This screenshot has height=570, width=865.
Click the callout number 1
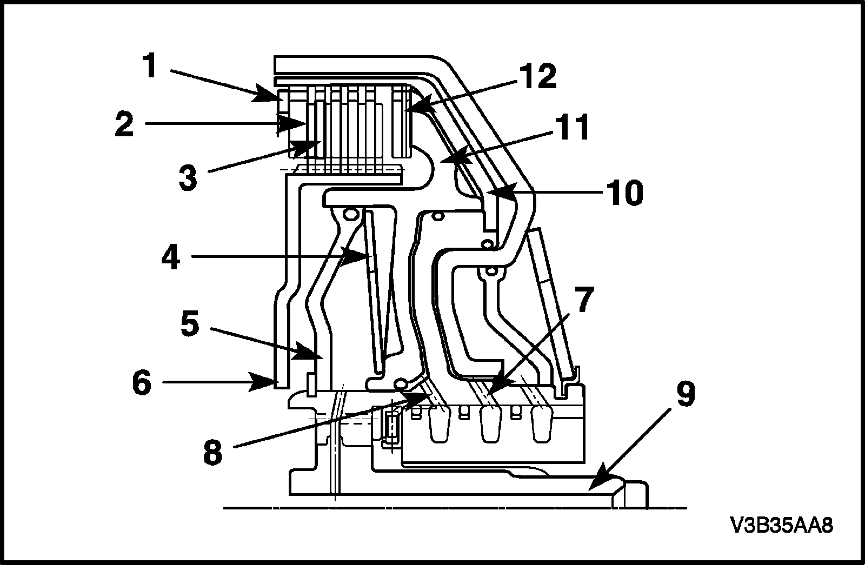[x=150, y=65]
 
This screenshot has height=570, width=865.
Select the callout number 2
[x=124, y=124]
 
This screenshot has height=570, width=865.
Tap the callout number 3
[x=188, y=177]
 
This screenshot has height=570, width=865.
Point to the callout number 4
[x=171, y=257]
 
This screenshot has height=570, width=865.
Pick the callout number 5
[x=190, y=323]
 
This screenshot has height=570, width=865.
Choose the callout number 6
[x=142, y=382]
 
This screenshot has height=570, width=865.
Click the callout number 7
[x=584, y=299]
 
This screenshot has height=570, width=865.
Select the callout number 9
[x=686, y=394]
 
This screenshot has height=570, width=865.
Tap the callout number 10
[x=624, y=193]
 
